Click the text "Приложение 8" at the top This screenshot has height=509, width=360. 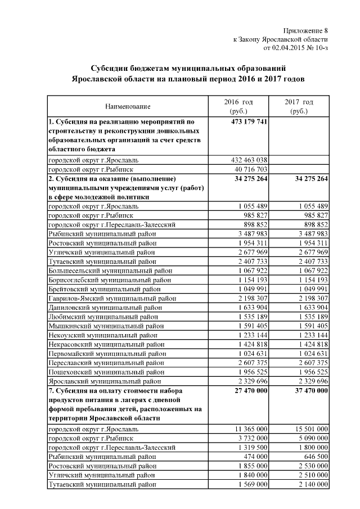[x=303, y=30]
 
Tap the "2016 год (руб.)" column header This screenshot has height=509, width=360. [x=238, y=106]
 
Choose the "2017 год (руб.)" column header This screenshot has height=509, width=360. [x=299, y=106]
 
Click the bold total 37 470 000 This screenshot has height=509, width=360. [x=308, y=390]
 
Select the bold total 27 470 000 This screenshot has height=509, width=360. [x=249, y=390]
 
